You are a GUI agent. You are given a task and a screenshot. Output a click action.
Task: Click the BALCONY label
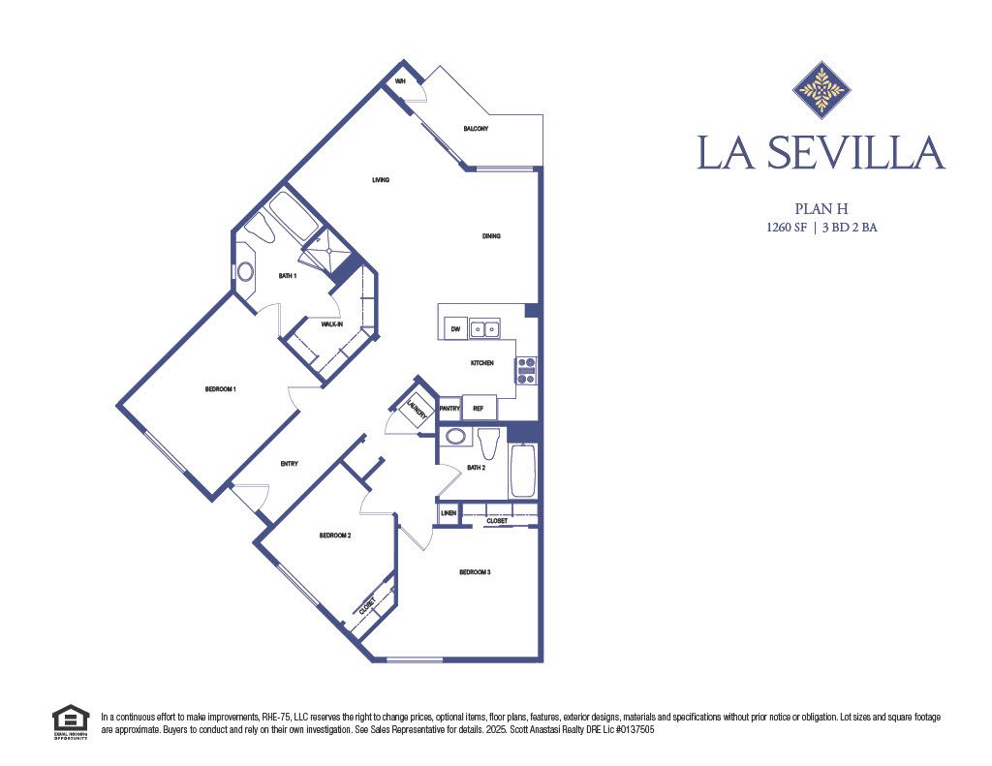(476, 129)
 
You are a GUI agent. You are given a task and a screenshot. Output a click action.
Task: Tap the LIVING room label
(381, 180)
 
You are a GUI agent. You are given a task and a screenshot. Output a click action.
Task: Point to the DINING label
(492, 236)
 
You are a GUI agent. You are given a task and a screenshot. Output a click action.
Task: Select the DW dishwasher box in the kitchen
(454, 330)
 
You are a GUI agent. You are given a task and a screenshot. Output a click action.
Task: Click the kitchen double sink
(485, 330)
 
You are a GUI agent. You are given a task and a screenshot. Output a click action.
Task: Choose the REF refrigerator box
(478, 409)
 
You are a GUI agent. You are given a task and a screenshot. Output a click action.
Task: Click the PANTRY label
(449, 409)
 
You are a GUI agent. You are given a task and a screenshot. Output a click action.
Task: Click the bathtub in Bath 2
(522, 471)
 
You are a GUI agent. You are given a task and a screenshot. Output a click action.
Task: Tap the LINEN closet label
(448, 512)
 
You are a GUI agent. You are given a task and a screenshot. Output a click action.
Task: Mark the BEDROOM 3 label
(475, 572)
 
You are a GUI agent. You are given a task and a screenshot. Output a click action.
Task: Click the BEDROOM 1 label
(221, 389)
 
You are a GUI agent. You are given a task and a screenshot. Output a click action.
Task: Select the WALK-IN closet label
(332, 324)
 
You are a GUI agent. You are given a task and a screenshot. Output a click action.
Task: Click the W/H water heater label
(399, 82)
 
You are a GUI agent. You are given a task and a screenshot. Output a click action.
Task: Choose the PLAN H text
(821, 208)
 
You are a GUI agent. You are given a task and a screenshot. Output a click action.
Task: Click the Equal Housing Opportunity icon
(70, 722)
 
